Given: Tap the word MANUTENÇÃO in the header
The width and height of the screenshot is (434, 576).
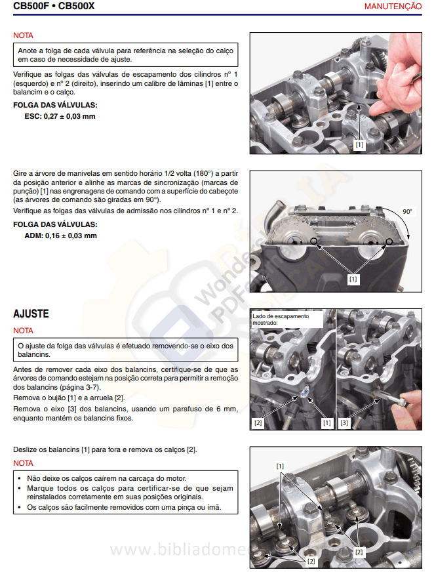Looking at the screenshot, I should coord(393,7).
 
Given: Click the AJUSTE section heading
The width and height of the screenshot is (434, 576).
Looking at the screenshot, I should coord(31,314).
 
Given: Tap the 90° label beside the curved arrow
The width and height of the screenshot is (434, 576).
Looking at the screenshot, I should coord(407,212).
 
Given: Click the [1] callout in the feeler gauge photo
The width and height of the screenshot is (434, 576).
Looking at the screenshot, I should coord(359,144).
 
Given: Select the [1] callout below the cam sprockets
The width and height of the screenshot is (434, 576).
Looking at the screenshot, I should coord(353,279).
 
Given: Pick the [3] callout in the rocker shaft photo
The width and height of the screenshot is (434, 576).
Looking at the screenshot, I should coord(344,422).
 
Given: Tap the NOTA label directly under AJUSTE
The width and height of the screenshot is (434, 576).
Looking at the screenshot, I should coord(23,331).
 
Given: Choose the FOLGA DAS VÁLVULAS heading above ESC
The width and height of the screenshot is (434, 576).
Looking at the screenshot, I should coord(55,105).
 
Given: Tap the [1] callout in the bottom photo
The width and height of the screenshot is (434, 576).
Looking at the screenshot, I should coord(280,466).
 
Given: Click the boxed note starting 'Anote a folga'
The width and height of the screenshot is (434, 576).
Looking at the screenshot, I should coord(125,54).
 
